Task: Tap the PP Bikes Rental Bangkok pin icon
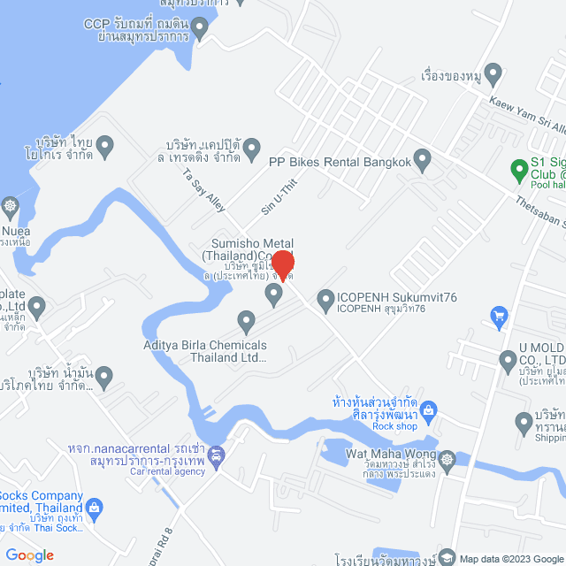pos(423,161)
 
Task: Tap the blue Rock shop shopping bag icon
pos(429,409)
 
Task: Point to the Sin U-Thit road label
pos(274,197)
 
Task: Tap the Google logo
pos(29,555)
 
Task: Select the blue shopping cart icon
pos(499,315)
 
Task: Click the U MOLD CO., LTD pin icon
pos(508,360)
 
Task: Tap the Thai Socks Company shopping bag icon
pos(96,508)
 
